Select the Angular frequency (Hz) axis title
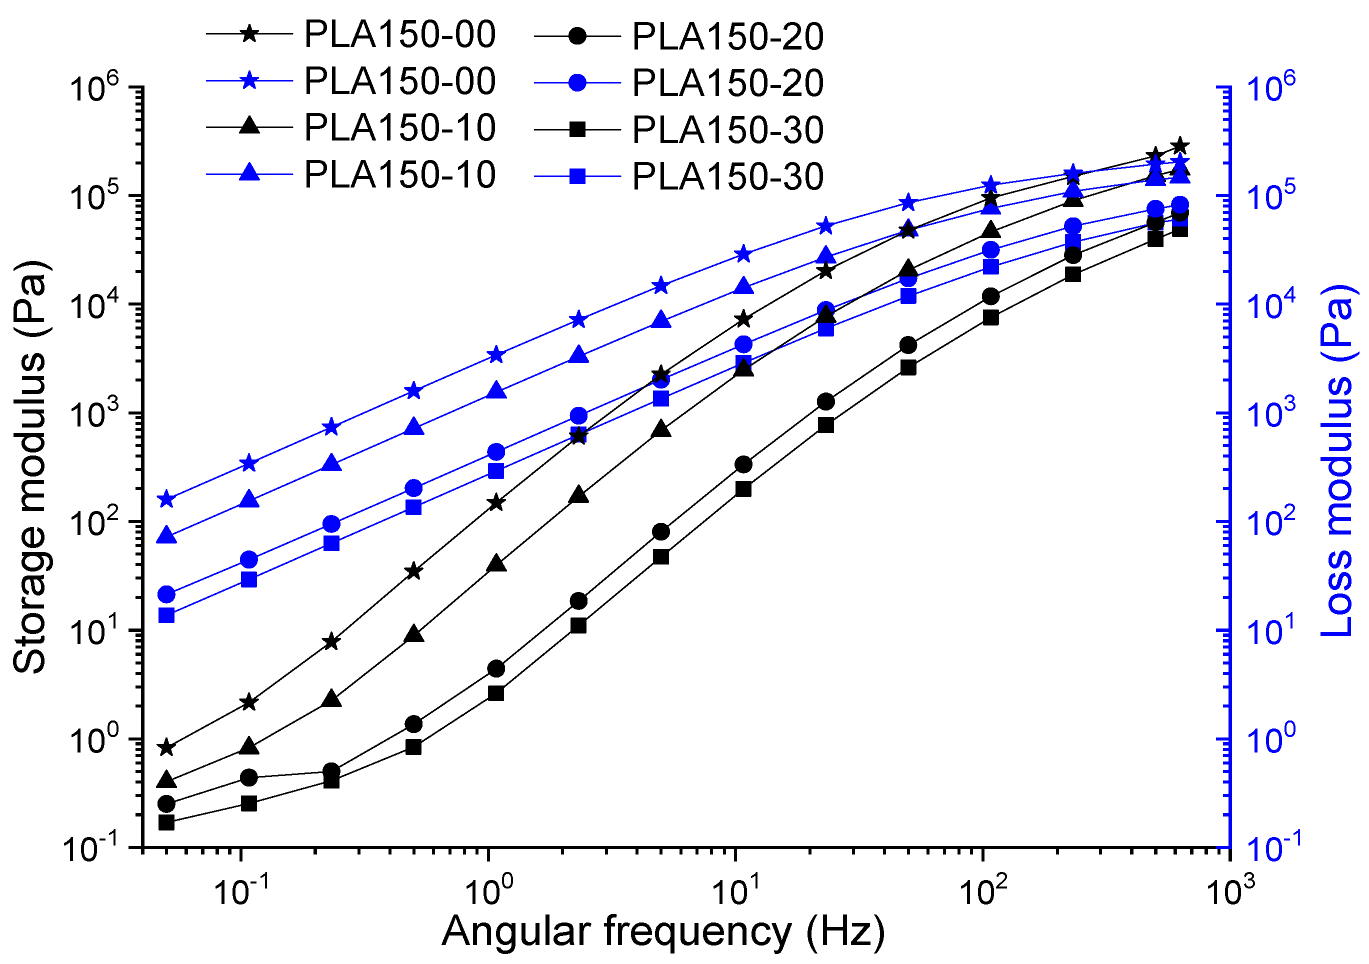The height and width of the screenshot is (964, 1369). (x=663, y=930)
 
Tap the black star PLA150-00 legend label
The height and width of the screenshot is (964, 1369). (x=399, y=34)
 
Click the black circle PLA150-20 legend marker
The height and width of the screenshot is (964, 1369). (x=577, y=36)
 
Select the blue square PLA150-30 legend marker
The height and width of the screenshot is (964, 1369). (x=577, y=176)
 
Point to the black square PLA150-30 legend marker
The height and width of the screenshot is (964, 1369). (x=577, y=129)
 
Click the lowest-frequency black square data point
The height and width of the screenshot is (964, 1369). (x=166, y=822)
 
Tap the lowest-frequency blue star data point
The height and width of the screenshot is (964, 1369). (x=166, y=499)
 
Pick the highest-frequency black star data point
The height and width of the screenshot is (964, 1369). (x=1179, y=146)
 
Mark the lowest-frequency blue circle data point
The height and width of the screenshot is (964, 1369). (x=166, y=594)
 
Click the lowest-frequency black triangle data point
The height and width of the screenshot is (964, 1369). (x=166, y=780)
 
